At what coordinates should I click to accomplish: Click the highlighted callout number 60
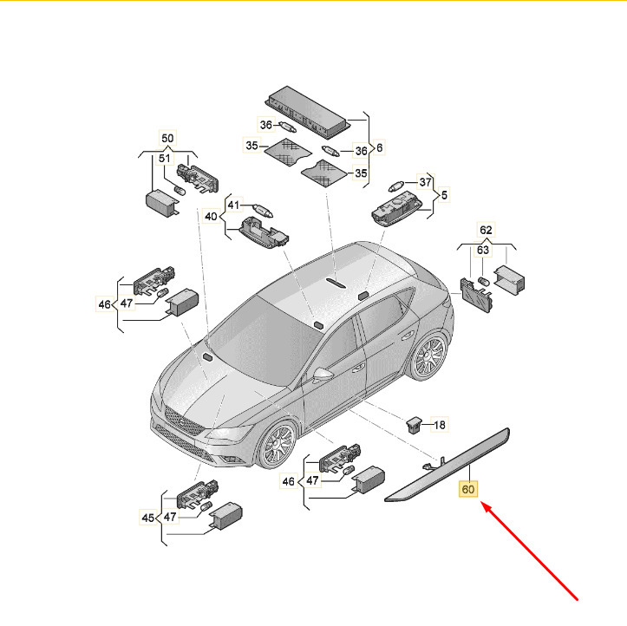pyautogui.click(x=467, y=489)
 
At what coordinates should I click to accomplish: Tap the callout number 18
pyautogui.click(x=440, y=425)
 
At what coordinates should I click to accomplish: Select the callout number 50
pyautogui.click(x=167, y=139)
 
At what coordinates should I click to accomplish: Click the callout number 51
pyautogui.click(x=165, y=159)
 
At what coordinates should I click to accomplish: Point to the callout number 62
pyautogui.click(x=486, y=230)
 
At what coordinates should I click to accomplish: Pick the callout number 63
pyautogui.click(x=483, y=250)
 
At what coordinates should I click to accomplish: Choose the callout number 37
pyautogui.click(x=425, y=182)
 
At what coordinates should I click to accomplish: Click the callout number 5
pyautogui.click(x=444, y=195)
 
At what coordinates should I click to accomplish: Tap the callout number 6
pyautogui.click(x=379, y=147)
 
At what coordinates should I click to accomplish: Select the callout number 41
pyautogui.click(x=233, y=205)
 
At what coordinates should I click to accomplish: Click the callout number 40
pyautogui.click(x=211, y=216)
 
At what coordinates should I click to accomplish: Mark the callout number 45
pyautogui.click(x=148, y=518)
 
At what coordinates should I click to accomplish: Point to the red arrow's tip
pyautogui.click(x=481, y=503)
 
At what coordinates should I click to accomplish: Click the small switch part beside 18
pyautogui.click(x=415, y=425)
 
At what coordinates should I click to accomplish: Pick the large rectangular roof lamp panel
pyautogui.click(x=308, y=113)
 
